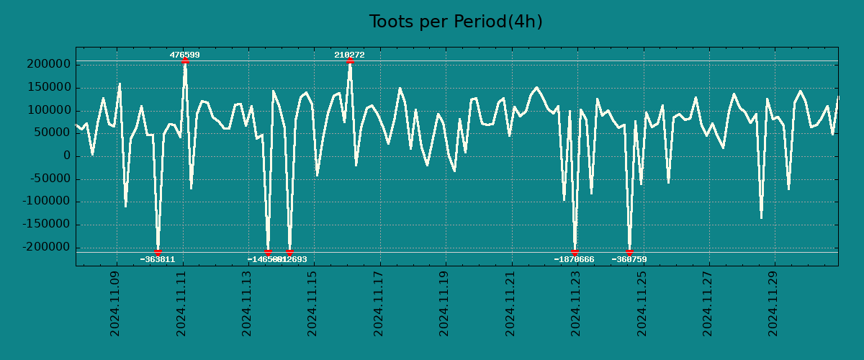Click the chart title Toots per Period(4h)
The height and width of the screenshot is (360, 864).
point(456,22)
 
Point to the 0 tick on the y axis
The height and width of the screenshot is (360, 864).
point(67,156)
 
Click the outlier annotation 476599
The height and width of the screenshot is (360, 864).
point(185,55)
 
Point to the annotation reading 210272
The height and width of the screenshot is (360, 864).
point(349,55)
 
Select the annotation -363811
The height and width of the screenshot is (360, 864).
point(158,259)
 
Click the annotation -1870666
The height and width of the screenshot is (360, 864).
point(574,259)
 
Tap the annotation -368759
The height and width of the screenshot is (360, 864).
point(629,259)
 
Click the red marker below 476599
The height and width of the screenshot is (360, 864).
point(185,61)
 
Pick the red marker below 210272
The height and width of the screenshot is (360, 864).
point(350,61)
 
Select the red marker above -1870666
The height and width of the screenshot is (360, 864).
point(575,252)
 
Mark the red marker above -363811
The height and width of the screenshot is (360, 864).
point(158,252)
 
